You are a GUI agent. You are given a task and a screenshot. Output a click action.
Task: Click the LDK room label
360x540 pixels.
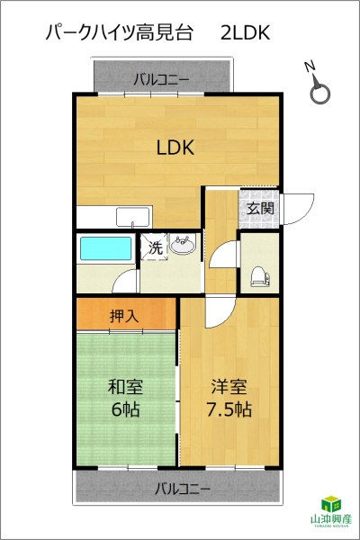[x=175, y=147]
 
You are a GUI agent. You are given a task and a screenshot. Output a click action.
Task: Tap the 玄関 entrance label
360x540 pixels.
[x=260, y=209]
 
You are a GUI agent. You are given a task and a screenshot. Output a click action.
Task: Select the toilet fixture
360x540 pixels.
[x=260, y=276]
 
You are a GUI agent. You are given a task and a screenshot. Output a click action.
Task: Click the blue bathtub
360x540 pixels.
[x=106, y=248]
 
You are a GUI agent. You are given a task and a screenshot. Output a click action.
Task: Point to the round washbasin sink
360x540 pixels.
[x=182, y=245]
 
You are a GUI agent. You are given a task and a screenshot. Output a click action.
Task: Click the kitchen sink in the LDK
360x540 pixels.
[x=132, y=217]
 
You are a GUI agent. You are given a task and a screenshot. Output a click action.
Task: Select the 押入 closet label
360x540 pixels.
[x=124, y=316]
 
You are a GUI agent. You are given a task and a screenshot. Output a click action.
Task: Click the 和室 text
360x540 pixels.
[x=125, y=386]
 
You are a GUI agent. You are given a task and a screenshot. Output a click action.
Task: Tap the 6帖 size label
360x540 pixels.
[x=125, y=409]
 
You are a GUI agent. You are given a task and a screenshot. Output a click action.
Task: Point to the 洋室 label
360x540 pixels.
[x=229, y=386]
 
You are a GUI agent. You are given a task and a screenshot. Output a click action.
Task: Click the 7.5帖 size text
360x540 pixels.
[x=229, y=409]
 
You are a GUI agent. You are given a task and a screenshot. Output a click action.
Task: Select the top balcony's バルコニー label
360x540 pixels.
[x=162, y=80]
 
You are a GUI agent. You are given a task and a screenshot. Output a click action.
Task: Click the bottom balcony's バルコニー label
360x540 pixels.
[x=182, y=489]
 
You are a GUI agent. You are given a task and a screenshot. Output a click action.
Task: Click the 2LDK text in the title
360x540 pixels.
[x=245, y=33]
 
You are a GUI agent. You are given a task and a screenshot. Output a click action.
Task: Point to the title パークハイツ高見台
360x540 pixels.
[x=119, y=33]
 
